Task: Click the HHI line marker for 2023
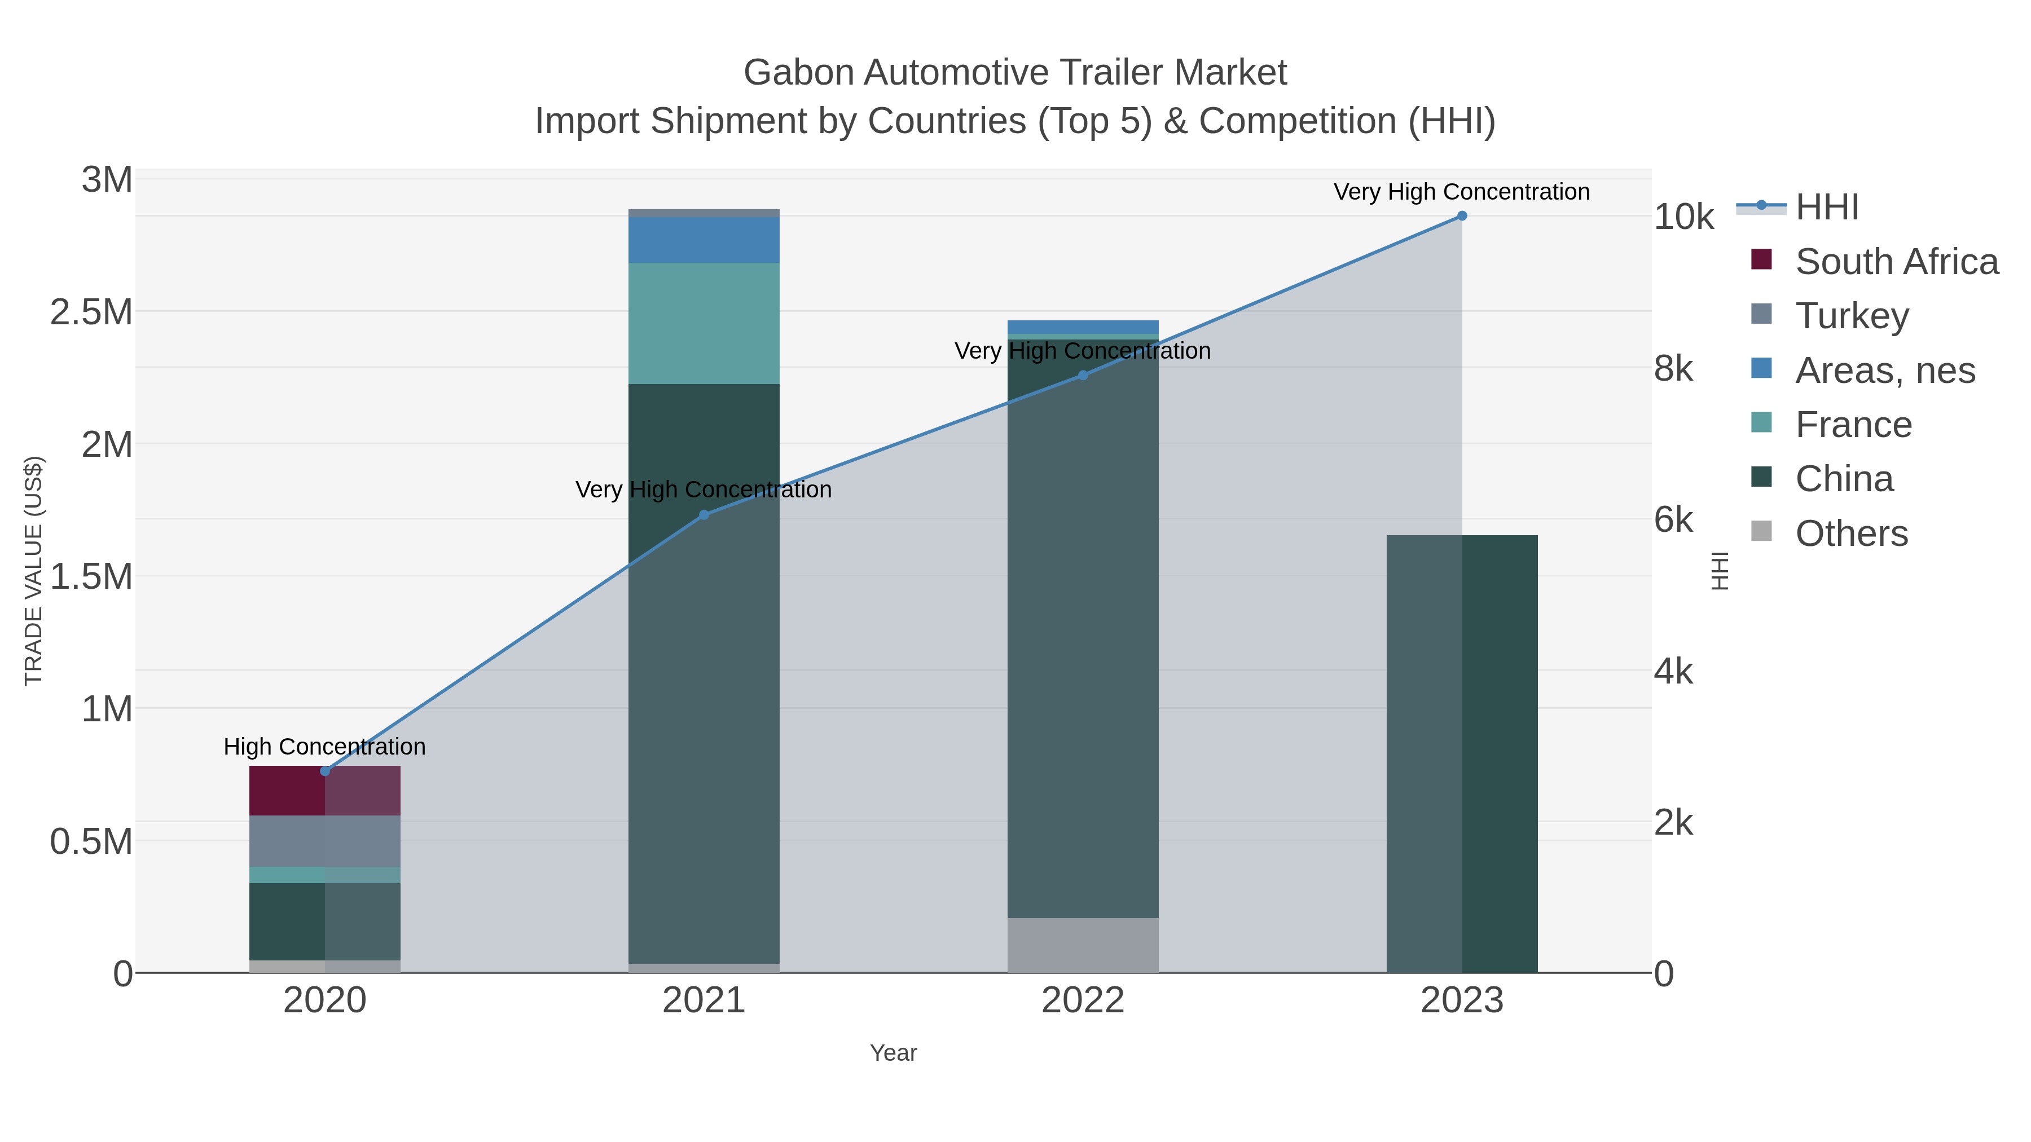coord(1461,216)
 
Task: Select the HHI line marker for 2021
coord(704,515)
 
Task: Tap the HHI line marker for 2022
coord(1083,375)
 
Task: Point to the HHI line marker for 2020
coord(325,771)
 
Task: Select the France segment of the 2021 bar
coord(704,323)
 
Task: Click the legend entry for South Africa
coord(1896,262)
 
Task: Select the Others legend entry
coord(1850,533)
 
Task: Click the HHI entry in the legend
coord(1826,208)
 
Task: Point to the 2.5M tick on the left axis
coord(91,312)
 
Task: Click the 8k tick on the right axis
coord(1673,368)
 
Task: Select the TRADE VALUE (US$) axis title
coord(34,571)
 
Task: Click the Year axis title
coord(893,1053)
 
